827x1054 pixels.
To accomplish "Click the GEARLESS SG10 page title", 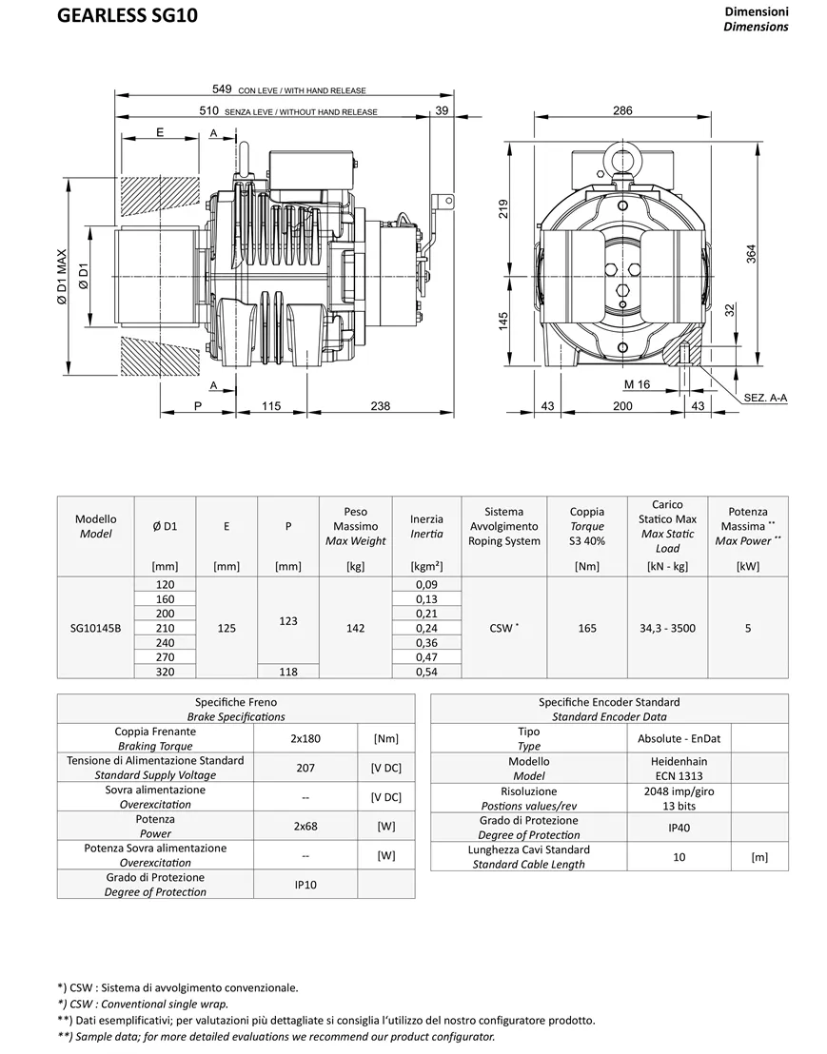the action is pos(128,15).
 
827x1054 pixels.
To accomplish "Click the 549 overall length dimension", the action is pos(222,88).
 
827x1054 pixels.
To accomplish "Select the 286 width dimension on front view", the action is pos(622,110).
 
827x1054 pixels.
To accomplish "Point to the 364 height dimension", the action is pos(752,253).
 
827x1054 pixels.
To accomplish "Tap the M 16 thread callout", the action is pos(637,384).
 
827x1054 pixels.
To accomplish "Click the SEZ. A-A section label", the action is pos(765,398).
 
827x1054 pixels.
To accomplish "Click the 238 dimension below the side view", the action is pos(381,406).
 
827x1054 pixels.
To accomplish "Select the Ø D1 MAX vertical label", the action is pos(62,278).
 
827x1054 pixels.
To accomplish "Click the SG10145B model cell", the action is pos(95,629).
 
